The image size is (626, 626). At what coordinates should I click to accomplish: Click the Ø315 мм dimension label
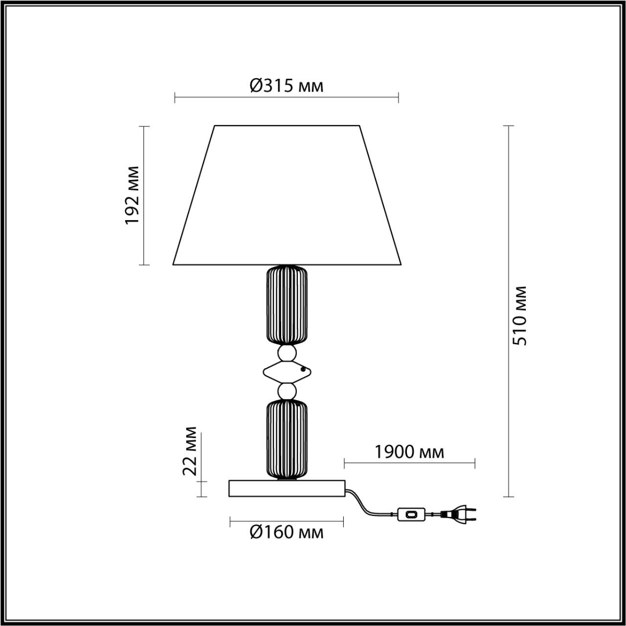287,86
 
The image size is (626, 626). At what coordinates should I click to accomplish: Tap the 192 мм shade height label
133,195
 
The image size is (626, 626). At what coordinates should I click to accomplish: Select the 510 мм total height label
520,315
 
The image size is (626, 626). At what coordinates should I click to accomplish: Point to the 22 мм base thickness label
190,451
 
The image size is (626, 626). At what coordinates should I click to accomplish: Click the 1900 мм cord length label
409,452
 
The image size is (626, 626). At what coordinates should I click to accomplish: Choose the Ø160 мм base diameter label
287,532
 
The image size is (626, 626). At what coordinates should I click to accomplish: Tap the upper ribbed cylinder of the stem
287,305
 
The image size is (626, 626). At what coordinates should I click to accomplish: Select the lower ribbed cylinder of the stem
287,439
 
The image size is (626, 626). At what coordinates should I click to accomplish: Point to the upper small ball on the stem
287,353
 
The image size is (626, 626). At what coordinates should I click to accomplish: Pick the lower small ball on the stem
287,391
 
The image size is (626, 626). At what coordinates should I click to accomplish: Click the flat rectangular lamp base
287,489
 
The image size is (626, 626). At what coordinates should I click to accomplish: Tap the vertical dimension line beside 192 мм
144,196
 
